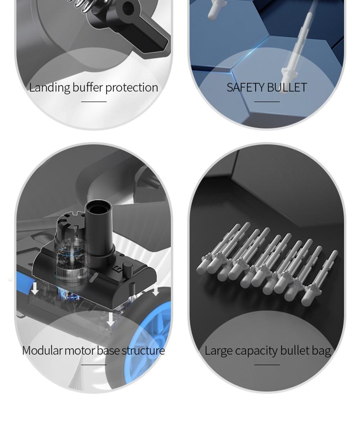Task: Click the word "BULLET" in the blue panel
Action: [287, 87]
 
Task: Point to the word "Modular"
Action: [42, 351]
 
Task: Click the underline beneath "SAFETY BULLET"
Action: [267, 102]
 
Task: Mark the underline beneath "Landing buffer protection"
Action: [94, 102]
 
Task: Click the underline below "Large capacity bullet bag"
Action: [267, 365]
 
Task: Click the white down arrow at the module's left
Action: [35, 289]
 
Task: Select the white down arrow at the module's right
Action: [156, 290]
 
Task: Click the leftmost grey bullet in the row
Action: [216, 248]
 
